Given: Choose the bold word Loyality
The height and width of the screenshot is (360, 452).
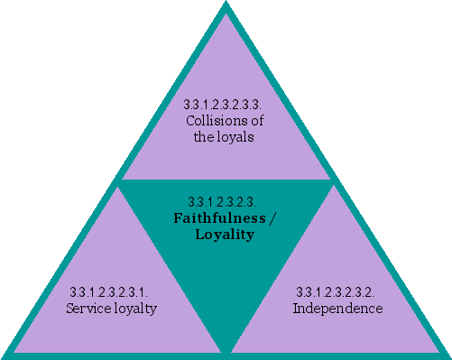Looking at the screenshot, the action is (x=225, y=235).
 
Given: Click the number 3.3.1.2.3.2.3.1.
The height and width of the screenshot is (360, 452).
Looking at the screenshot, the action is (x=108, y=292).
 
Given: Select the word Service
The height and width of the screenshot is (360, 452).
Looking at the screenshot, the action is (x=87, y=309).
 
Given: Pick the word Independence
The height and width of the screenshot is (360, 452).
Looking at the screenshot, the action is (x=337, y=309).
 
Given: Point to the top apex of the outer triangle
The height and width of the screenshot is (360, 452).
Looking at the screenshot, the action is (x=226, y=5).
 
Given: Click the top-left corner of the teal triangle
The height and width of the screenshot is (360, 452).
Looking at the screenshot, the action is (x=121, y=181).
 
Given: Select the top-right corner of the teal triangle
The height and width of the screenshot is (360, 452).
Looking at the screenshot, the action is (x=332, y=181).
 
